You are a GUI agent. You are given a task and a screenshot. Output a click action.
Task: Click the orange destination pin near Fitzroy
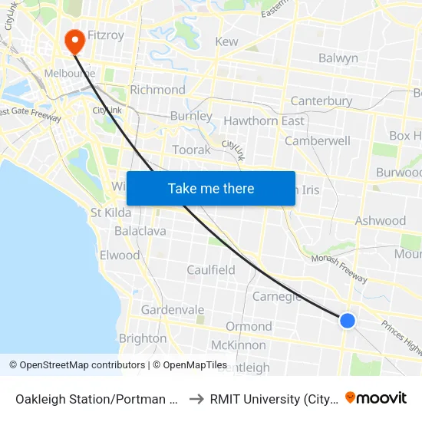[x=75, y=41]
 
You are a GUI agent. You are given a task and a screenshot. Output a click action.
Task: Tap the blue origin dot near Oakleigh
[x=348, y=321]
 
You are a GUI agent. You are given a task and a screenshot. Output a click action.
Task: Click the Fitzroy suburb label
[x=106, y=35]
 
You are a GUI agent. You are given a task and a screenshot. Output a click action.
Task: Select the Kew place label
[x=227, y=42]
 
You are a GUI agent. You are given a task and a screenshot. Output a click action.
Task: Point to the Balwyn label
[x=338, y=58]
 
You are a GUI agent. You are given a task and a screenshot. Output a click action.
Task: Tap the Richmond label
[x=157, y=90]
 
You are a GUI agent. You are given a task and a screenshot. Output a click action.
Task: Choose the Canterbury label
[x=321, y=101]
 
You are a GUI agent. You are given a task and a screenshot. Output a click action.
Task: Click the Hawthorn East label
[x=263, y=121]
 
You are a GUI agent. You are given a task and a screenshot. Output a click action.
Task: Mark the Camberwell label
[x=317, y=141]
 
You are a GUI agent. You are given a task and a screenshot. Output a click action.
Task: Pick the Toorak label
[x=191, y=150]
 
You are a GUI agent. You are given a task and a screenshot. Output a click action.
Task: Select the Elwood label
[x=120, y=256]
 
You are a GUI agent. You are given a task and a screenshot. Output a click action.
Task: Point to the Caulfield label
[x=211, y=270]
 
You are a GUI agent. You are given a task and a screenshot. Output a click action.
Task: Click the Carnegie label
[x=276, y=297]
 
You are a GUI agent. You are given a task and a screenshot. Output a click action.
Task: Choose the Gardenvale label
[x=172, y=310]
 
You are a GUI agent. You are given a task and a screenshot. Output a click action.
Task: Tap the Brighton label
[x=143, y=338]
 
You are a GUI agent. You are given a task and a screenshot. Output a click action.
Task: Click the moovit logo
[x=376, y=397]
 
